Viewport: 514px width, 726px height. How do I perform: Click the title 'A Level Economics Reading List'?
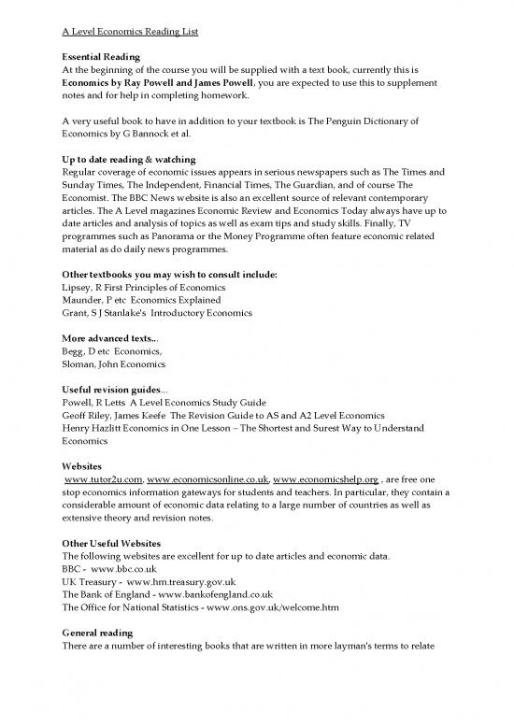click(x=124, y=33)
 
